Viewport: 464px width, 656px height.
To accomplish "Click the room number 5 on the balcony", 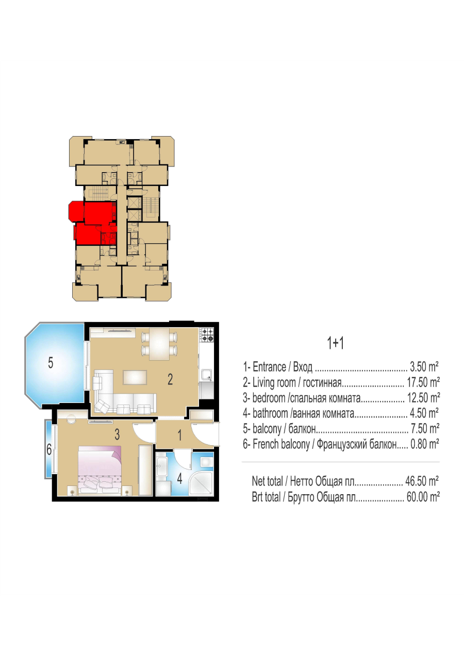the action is tap(51, 363).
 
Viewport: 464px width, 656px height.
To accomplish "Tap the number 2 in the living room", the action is tap(170, 380).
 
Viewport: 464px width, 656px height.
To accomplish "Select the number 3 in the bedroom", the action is tap(117, 434).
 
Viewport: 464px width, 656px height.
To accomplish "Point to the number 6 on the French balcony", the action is tap(49, 449).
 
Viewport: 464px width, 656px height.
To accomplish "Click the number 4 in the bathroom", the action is tap(180, 479).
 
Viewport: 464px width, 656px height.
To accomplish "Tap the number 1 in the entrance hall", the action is tap(179, 435).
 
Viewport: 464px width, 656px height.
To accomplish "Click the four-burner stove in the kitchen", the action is tap(207, 335).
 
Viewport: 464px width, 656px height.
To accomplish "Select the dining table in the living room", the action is tap(159, 344).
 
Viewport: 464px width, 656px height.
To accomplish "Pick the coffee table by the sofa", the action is tap(135, 377).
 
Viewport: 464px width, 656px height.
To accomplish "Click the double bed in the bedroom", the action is tap(100, 470).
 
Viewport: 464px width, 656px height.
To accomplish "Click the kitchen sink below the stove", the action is tap(207, 376).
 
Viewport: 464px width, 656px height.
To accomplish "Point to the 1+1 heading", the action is tap(335, 343).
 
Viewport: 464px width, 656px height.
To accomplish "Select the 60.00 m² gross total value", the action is tap(423, 497).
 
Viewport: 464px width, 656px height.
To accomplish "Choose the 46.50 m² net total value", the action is tap(422, 481).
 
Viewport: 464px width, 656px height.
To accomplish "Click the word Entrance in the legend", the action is tap(269, 367).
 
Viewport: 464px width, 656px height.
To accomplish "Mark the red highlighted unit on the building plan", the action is tap(93, 223).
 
